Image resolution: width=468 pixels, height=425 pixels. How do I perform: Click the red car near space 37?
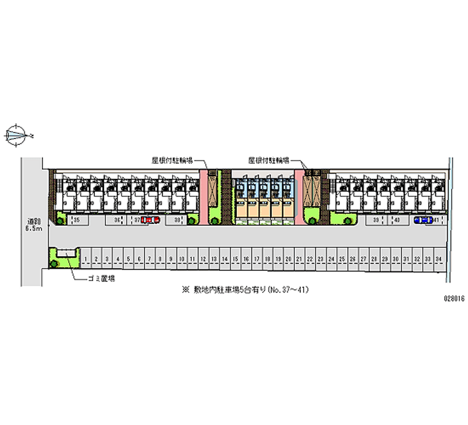(x=150, y=220)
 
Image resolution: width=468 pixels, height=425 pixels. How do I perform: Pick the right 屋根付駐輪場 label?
(x=269, y=159)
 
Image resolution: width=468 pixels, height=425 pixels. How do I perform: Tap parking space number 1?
(x=86, y=258)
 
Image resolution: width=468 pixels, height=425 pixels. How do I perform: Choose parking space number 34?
(x=438, y=258)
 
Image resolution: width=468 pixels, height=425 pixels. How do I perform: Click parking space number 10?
(x=182, y=258)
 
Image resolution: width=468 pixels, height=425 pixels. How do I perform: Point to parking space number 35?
(x=76, y=220)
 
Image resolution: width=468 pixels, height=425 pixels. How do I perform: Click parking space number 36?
(x=117, y=220)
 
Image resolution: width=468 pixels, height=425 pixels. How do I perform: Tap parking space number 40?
(x=397, y=220)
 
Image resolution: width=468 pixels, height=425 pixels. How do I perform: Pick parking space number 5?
(x=129, y=258)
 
